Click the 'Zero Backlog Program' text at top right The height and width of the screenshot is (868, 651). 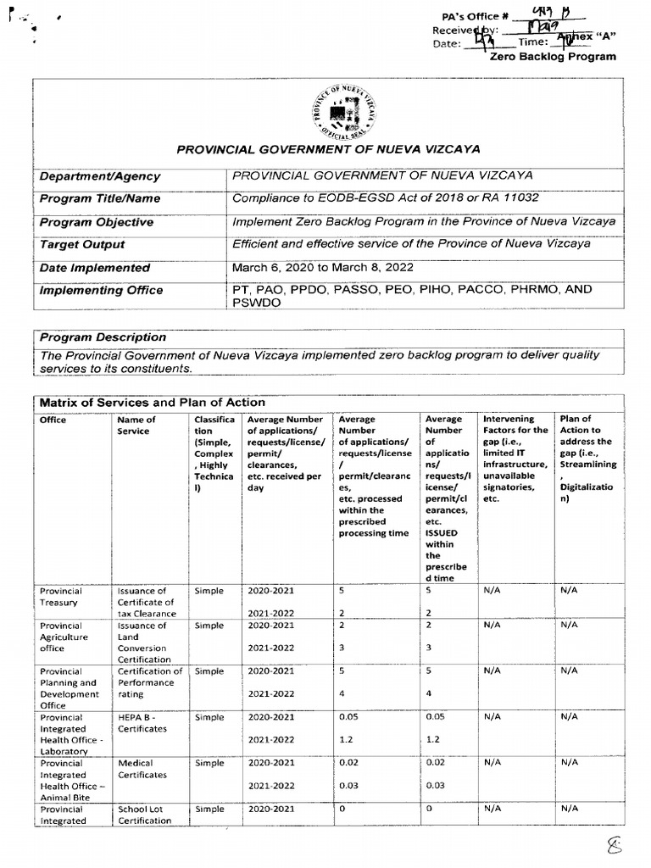[x=553, y=58]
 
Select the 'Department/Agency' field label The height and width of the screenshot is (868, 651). [x=99, y=176]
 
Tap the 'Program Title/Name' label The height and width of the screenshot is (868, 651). [x=100, y=199]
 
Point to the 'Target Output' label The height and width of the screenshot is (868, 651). [x=82, y=244]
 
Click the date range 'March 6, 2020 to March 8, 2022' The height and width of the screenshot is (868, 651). [x=332, y=267]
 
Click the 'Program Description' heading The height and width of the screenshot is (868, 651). [x=103, y=337]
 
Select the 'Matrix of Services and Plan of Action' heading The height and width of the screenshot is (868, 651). [x=152, y=403]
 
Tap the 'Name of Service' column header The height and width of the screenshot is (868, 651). [x=136, y=426]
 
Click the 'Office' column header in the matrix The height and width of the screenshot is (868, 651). [x=53, y=420]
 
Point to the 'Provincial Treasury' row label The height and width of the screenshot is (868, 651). [x=60, y=597]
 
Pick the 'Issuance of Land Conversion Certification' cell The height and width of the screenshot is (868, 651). [x=144, y=643]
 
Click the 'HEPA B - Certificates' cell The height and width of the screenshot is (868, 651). [x=142, y=723]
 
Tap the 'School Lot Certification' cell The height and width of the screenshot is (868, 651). [x=144, y=815]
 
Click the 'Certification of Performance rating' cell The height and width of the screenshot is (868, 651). [x=149, y=682]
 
